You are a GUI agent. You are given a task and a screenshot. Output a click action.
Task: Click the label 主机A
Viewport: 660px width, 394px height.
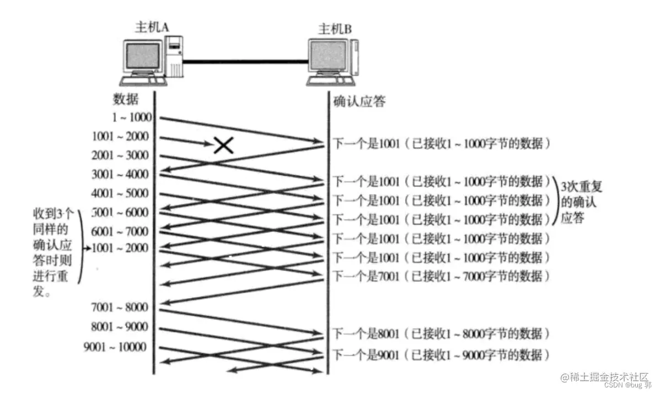151,28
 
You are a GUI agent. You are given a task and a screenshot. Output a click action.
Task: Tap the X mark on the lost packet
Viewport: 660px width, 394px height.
223,145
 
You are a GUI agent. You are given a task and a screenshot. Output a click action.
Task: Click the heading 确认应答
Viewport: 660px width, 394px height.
359,101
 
